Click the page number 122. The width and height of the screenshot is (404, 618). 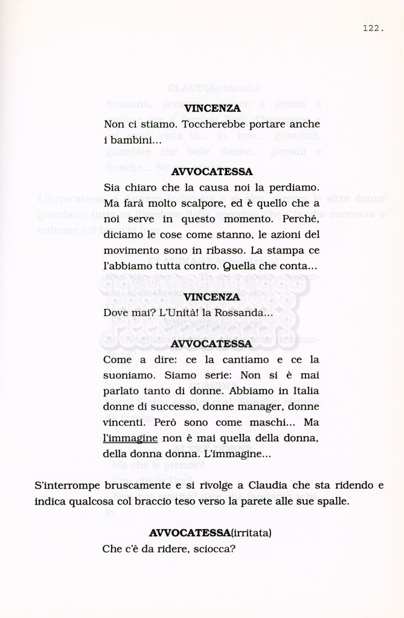[374, 28]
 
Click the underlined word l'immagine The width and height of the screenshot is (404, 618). [130, 438]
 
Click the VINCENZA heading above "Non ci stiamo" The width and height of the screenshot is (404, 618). [211, 109]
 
